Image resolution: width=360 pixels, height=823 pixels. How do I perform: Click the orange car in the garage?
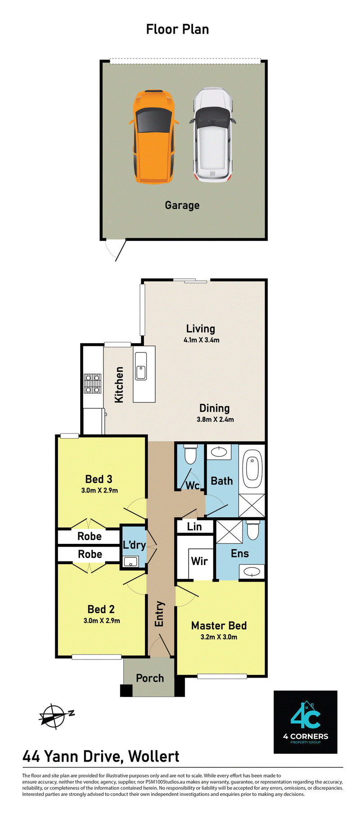(x=153, y=136)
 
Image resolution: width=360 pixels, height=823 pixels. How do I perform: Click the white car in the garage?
(x=213, y=135)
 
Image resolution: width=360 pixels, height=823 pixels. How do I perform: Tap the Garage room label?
(x=182, y=206)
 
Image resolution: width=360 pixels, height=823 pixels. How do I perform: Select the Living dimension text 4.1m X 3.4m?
(x=202, y=340)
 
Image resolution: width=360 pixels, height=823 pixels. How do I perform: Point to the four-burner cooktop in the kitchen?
(x=93, y=384)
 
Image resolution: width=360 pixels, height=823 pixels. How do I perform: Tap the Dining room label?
(x=215, y=408)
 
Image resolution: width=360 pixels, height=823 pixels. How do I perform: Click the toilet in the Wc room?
(x=191, y=454)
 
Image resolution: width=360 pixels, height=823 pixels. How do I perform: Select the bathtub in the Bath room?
(x=253, y=468)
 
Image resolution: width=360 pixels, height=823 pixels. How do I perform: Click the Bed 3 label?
(x=99, y=479)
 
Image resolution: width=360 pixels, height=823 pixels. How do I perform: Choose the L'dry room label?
(x=134, y=545)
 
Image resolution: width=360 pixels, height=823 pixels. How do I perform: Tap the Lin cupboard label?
(x=194, y=526)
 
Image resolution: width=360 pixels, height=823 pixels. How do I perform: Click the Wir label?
(x=199, y=561)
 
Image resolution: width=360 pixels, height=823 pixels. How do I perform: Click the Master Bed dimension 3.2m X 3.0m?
(x=219, y=637)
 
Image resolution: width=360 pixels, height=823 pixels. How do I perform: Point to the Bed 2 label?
(x=101, y=609)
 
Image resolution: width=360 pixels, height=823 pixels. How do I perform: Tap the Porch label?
(x=150, y=678)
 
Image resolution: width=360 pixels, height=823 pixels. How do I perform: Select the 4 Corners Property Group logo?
(x=306, y=722)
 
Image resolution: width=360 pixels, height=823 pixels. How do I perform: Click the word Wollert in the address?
(x=154, y=756)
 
